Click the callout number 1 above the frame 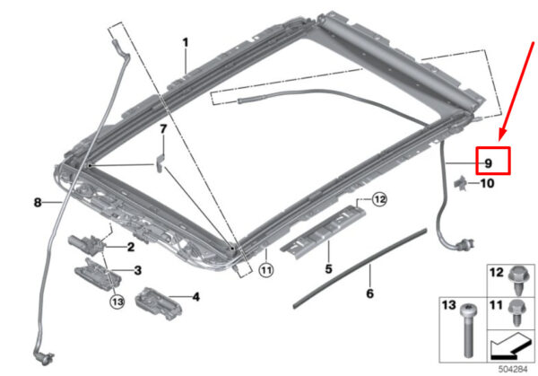coord(186,42)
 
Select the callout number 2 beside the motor coord(130,247)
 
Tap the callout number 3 coord(137,270)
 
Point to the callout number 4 coord(195,297)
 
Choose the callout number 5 coord(327,268)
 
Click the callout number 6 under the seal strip coord(369,292)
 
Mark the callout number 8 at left coord(38,203)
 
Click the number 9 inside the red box coord(489,163)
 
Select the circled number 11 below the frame coord(265,268)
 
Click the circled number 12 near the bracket coord(378,200)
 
